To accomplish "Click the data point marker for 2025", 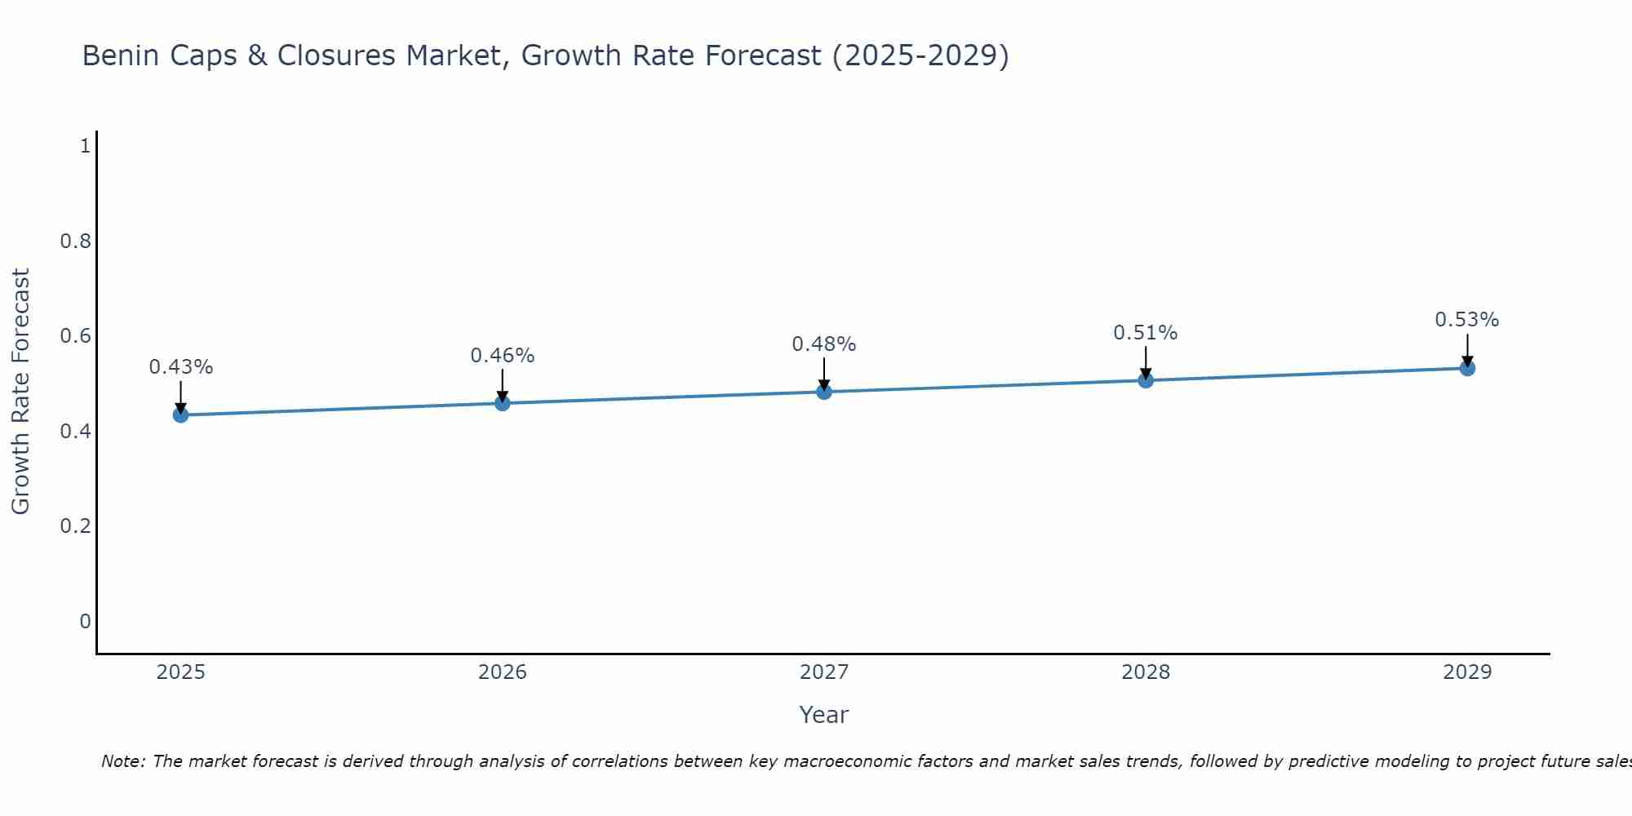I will point(180,415).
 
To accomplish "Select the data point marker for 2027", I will point(824,392).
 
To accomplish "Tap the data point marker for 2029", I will point(1467,368).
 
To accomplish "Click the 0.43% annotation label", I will point(180,367).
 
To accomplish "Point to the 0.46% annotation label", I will point(502,356).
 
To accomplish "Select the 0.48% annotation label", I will point(824,344).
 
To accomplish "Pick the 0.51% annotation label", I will point(1146,333).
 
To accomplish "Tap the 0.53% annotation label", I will point(1467,320).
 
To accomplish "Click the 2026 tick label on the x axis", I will point(502,672).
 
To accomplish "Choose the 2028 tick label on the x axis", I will point(1146,672).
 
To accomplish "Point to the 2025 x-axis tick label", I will point(180,672).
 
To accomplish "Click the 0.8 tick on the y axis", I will point(75,242).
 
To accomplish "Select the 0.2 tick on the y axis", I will point(75,526).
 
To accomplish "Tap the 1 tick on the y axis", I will point(85,146).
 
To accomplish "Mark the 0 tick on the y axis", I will point(85,622).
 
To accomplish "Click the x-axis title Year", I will point(824,715).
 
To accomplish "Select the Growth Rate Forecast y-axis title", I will point(20,392).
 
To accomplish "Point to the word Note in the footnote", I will point(122,761).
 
